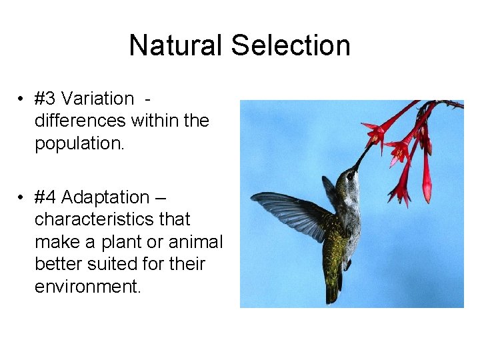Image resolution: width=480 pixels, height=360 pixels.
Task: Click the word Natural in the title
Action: [x=177, y=45]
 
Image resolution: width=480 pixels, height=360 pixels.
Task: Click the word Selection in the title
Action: [x=290, y=45]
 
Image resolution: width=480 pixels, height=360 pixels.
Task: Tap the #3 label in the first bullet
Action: [x=45, y=99]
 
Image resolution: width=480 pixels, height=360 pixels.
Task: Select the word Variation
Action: [x=97, y=99]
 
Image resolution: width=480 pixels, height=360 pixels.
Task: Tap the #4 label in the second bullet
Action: [x=45, y=197]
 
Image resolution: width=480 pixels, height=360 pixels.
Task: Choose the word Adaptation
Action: [x=105, y=197]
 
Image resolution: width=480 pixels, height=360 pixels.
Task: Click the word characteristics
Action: [x=112, y=219]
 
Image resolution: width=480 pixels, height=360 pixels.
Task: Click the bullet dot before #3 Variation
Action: [x=22, y=99]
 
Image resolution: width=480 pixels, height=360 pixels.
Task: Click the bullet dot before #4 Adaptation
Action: [x=22, y=198]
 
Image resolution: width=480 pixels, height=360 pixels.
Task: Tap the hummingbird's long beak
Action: [x=363, y=158]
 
